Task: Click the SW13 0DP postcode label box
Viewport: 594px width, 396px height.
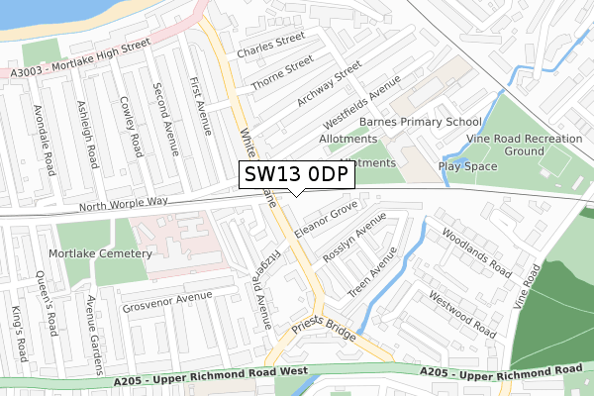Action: (x=294, y=174)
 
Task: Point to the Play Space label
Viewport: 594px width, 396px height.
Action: (x=467, y=166)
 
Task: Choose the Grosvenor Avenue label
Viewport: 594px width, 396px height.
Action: (x=167, y=302)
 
